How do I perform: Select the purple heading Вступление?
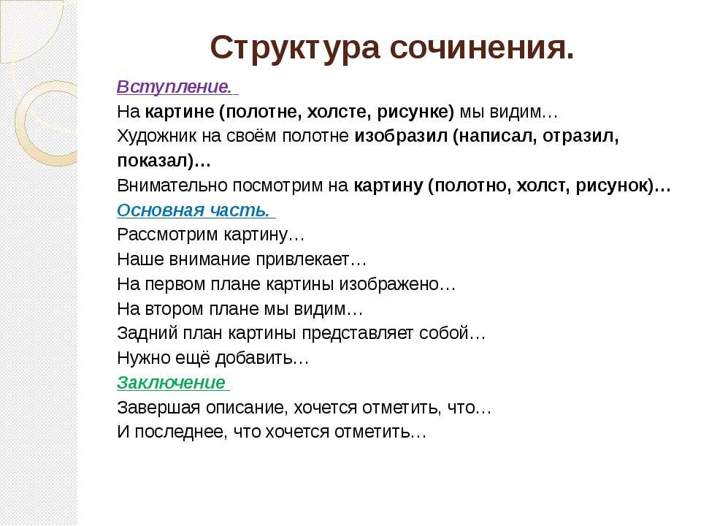[x=175, y=86]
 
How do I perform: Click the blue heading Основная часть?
[x=194, y=210]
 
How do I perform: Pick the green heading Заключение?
[x=171, y=382]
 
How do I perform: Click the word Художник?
[x=156, y=136]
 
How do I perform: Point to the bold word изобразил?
[x=401, y=136]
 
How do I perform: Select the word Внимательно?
[x=172, y=185]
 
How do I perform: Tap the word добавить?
[x=253, y=358]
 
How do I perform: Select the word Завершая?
[x=158, y=408]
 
